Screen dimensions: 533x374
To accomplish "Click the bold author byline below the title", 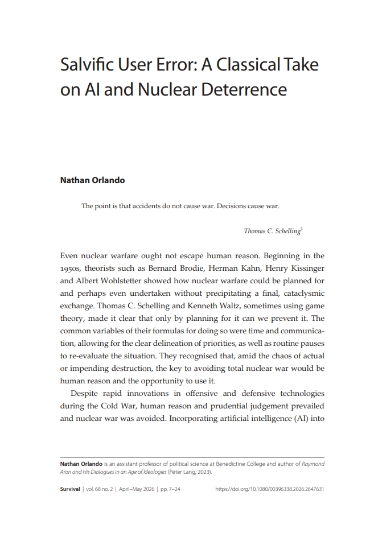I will point(92,180).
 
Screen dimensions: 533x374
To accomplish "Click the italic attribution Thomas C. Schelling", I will point(272,231).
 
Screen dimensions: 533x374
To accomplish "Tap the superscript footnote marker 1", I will point(301,229).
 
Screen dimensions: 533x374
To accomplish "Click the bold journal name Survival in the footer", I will point(71,489).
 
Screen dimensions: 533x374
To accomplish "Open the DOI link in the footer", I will point(270,489).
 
